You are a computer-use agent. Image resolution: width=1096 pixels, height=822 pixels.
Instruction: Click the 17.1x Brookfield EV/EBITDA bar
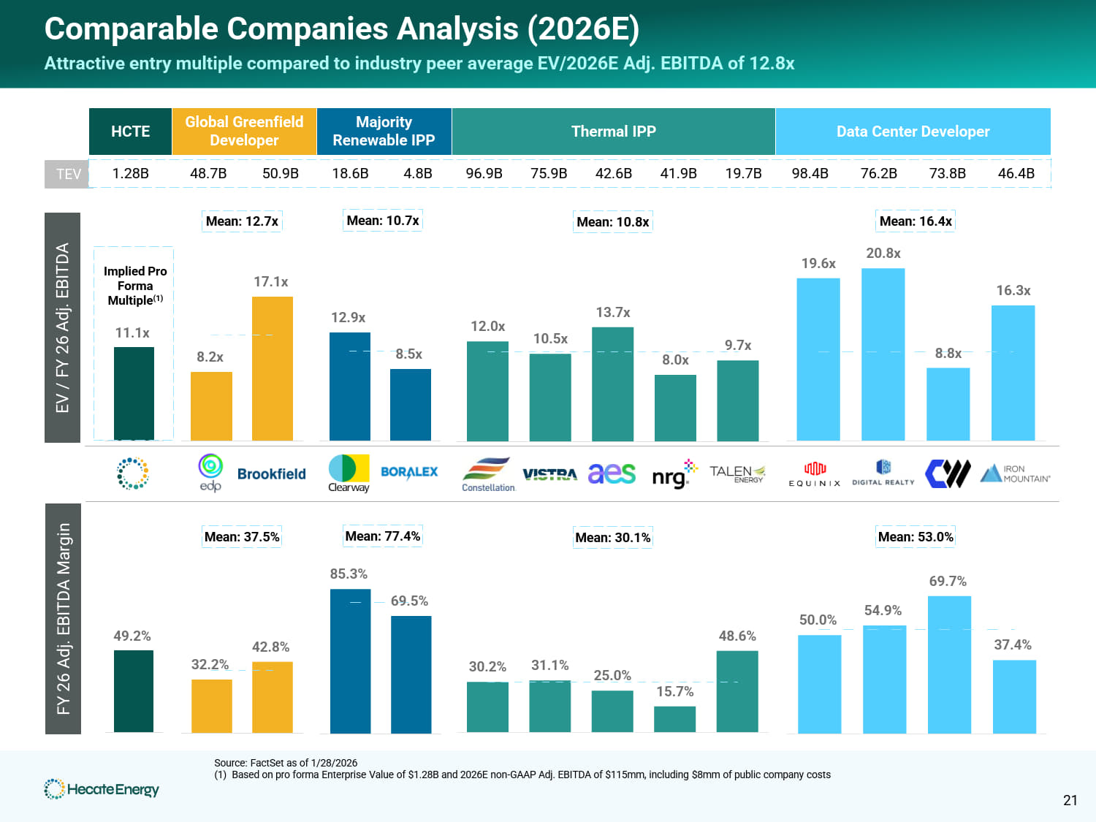[272, 368]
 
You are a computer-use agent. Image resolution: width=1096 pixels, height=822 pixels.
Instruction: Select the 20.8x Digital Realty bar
[883, 354]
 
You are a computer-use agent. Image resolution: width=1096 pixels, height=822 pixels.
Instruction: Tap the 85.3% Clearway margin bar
[350, 661]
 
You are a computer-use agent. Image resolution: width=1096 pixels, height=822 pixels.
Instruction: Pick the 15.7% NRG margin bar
[674, 719]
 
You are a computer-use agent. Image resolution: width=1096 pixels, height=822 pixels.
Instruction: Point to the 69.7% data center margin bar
[948, 664]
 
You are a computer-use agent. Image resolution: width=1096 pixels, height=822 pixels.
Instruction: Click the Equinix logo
[814, 473]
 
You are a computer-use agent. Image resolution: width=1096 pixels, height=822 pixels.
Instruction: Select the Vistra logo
[549, 475]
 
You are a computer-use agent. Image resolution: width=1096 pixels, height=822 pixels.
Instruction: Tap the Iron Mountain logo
[1015, 473]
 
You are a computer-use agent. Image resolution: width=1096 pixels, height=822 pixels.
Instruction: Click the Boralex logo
[409, 472]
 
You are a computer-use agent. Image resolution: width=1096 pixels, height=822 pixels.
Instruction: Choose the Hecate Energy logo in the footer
[102, 789]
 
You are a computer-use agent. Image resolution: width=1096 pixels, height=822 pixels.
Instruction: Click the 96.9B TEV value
[484, 173]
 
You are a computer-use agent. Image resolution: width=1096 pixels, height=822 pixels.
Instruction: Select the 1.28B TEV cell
[130, 173]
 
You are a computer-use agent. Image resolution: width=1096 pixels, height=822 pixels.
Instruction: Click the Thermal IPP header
[613, 132]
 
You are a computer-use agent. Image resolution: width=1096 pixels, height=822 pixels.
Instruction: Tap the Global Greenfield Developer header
[244, 132]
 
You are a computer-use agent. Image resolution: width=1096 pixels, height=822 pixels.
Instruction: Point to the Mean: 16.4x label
[916, 221]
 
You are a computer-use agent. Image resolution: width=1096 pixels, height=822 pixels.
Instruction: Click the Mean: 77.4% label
[382, 536]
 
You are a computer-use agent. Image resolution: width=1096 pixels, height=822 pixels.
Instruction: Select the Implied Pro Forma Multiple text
[135, 286]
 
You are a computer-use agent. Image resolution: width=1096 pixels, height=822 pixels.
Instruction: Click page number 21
[1070, 800]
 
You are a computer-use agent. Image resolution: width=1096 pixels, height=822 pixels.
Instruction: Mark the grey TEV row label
[67, 174]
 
